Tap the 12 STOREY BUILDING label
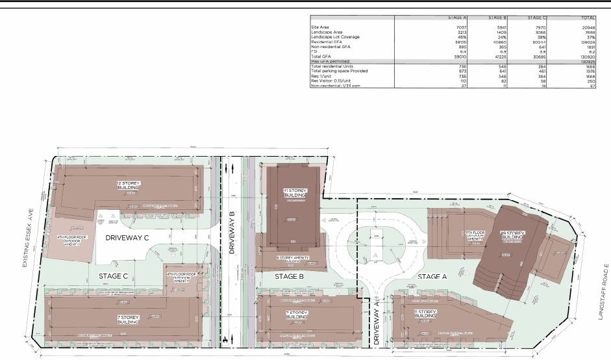(128, 185)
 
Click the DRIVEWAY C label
(127, 238)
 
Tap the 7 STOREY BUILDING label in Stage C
(129, 320)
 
